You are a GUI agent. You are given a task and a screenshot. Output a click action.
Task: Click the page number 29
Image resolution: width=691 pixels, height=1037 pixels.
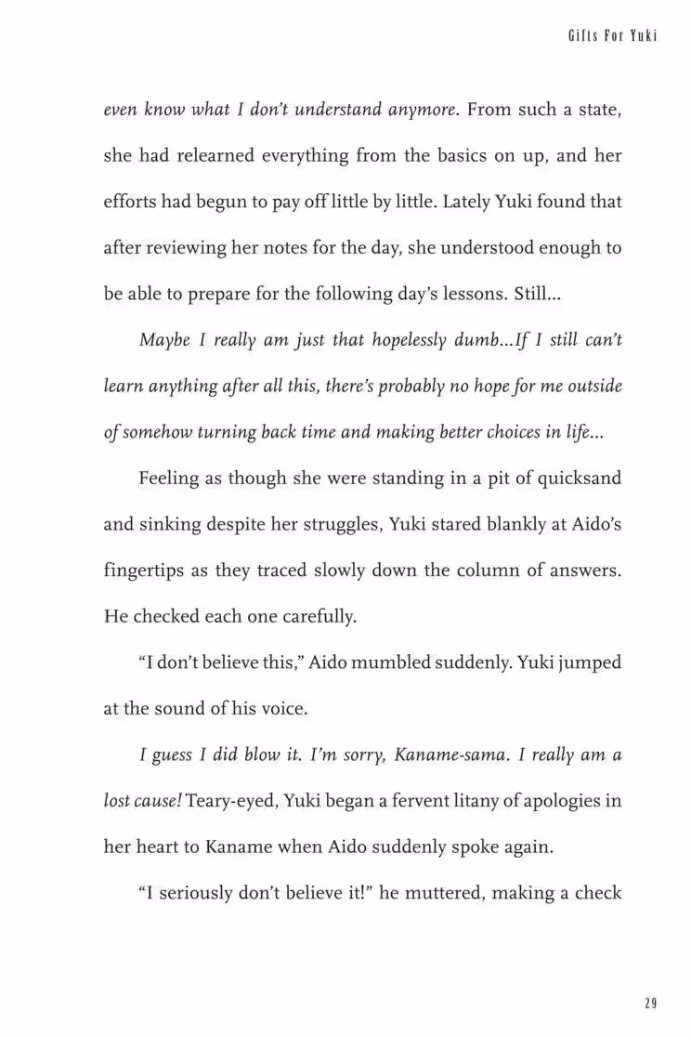coord(650,1003)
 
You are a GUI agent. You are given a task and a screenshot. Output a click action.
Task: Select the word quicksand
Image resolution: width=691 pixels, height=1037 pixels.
coord(570,479)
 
